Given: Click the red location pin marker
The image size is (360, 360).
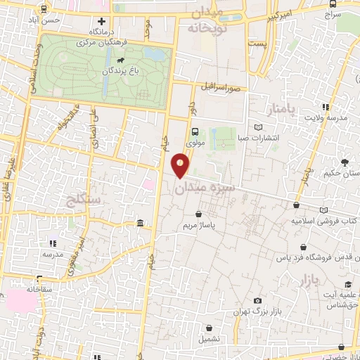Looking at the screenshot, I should (181, 165).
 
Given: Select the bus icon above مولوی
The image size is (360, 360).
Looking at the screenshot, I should (196, 131).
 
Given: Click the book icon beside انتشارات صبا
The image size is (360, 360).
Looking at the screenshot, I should (259, 127).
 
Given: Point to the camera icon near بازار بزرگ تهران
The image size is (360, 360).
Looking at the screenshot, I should (257, 300).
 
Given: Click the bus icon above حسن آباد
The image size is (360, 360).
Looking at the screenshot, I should (45, 10).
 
